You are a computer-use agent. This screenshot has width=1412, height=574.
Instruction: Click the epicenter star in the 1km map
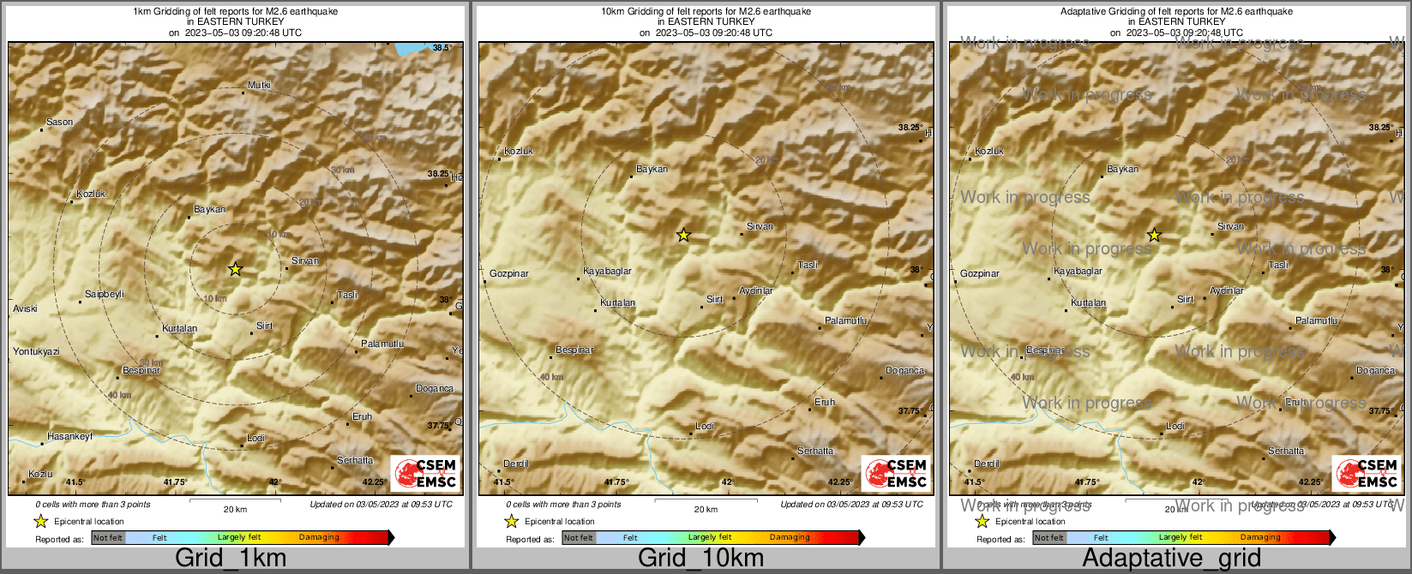coord(235,269)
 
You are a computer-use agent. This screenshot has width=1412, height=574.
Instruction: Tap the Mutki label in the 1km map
coord(259,86)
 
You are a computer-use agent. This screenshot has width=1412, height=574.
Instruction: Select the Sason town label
coord(59,123)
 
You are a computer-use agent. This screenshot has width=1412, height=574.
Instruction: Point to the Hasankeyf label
coord(69,437)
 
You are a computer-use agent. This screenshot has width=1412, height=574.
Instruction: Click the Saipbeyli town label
coord(104,295)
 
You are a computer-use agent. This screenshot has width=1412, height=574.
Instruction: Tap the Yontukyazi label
coord(36,352)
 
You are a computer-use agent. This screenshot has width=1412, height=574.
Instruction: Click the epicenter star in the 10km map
coord(683,235)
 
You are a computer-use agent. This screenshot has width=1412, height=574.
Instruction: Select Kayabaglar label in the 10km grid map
coord(607,272)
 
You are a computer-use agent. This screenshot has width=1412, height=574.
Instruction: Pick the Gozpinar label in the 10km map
coord(509,274)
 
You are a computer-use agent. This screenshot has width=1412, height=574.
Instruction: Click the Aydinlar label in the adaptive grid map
coord(1226,291)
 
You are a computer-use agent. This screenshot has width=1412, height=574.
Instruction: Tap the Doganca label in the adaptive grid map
coord(1375,371)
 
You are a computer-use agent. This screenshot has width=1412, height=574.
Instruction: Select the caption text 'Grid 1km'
coord(231,559)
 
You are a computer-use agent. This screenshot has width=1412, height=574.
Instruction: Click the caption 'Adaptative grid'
coord(1171,559)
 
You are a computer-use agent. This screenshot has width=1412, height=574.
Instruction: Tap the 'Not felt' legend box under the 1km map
coord(108,538)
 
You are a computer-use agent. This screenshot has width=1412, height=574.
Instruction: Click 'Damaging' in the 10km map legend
coord(790,538)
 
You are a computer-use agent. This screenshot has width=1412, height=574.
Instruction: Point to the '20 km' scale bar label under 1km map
coord(235,510)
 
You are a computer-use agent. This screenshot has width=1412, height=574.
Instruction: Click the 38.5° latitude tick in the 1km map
coord(442,48)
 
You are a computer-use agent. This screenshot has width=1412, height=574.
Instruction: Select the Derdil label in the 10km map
coord(516,464)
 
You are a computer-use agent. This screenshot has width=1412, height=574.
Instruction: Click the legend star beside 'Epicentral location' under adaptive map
coord(982,521)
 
